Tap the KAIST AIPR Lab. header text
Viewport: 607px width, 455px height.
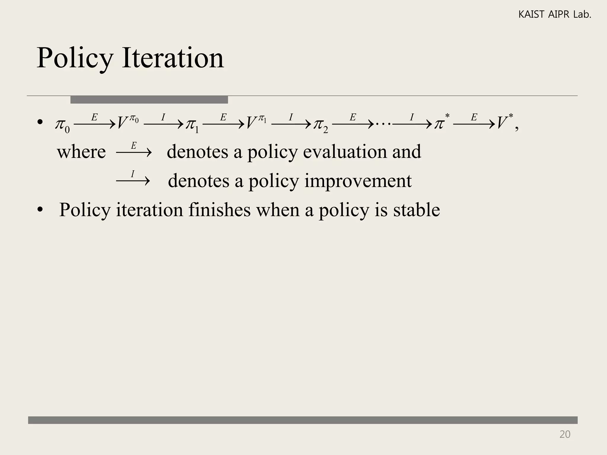555,15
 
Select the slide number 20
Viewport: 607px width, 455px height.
565,434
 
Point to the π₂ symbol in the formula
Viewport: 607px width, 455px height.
320,125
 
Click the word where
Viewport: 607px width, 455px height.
81,152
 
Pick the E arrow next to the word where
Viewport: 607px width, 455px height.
134,152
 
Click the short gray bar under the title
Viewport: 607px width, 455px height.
149,100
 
